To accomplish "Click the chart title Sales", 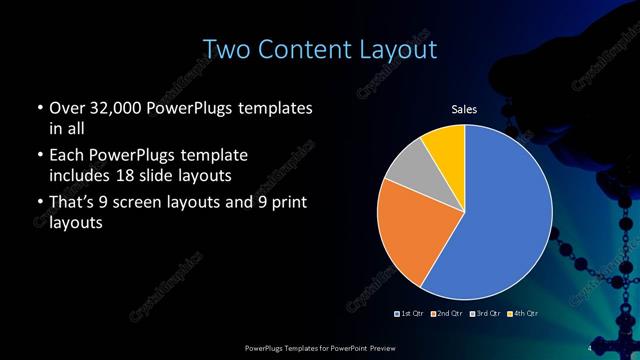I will click(x=464, y=109).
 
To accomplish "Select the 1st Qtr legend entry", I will click(x=410, y=314).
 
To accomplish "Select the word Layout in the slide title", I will click(x=400, y=48).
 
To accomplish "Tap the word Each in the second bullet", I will click(x=66, y=156).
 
